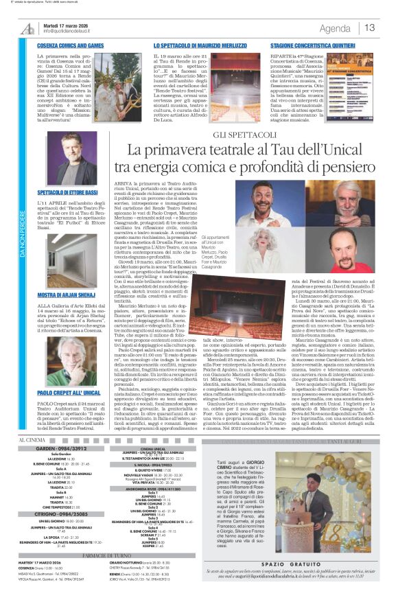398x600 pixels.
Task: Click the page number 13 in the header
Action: pyautogui.click(x=370, y=28)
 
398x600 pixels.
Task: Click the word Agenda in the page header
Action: pyautogui.click(x=335, y=28)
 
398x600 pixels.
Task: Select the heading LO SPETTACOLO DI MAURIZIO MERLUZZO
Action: pyautogui.click(x=181, y=45)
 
